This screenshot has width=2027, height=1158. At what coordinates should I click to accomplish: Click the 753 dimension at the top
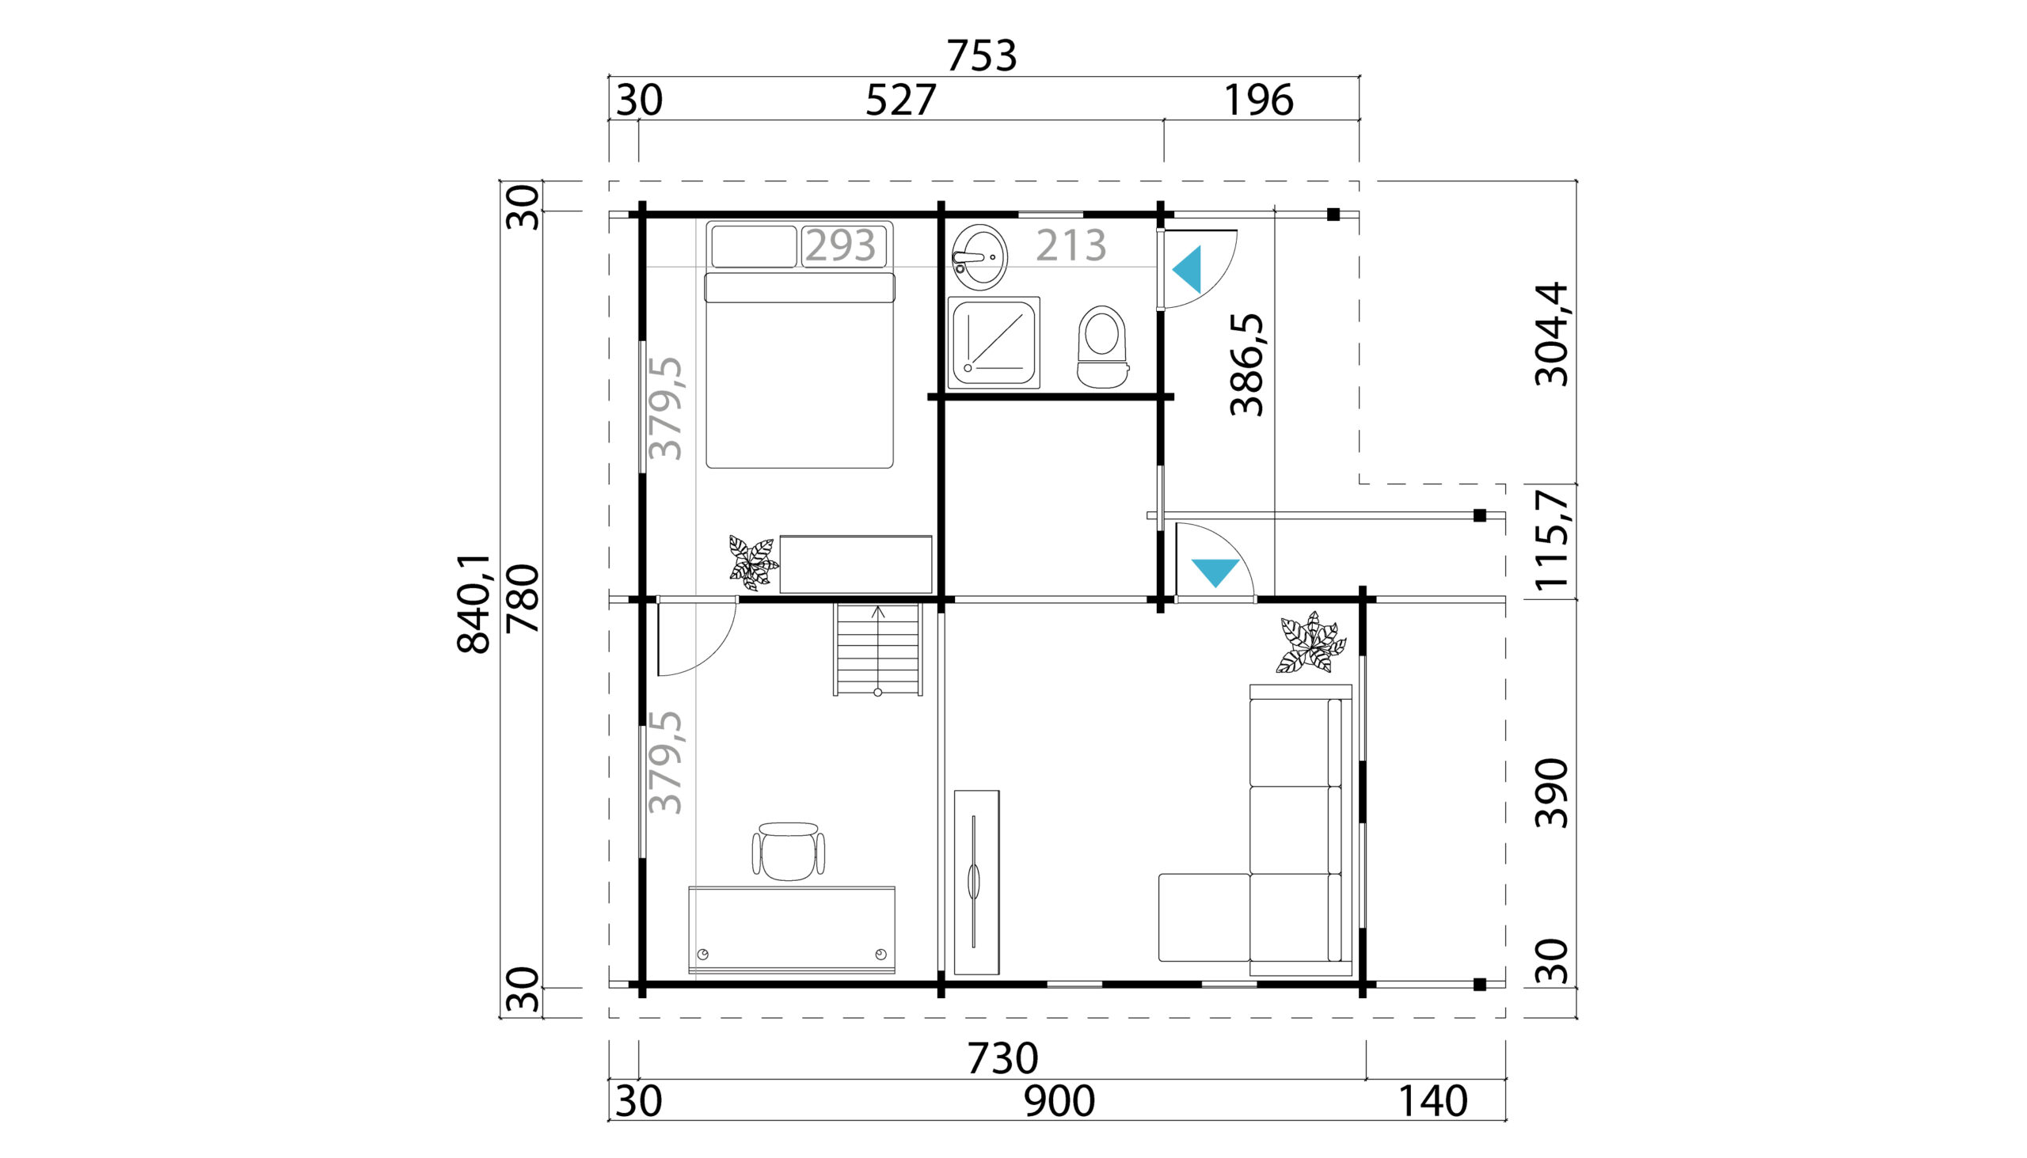click(981, 56)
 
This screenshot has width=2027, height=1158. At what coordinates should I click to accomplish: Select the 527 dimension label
click(900, 101)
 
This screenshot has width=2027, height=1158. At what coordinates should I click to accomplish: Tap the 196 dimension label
click(1258, 101)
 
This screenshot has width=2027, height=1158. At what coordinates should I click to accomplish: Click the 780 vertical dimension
click(523, 598)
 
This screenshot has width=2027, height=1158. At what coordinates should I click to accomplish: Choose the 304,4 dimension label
click(1550, 334)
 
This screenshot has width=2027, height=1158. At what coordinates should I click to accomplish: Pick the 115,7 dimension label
click(1550, 541)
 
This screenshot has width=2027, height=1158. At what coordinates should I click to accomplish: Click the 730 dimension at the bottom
click(1002, 1058)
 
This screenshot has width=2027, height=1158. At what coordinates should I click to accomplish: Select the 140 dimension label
click(1432, 1102)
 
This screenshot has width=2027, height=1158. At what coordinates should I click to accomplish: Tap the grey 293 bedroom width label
click(840, 245)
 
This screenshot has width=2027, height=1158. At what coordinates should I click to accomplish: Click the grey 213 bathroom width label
click(1071, 245)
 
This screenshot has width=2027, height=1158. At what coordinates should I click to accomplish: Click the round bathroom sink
click(979, 257)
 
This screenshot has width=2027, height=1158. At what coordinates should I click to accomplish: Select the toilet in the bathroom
click(1102, 347)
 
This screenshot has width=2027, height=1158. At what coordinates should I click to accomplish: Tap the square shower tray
click(994, 343)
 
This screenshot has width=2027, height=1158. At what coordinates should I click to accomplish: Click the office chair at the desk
click(788, 852)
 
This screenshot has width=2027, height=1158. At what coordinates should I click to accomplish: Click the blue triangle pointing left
click(1188, 270)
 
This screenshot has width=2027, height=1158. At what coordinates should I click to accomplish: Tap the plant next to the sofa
click(1310, 643)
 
